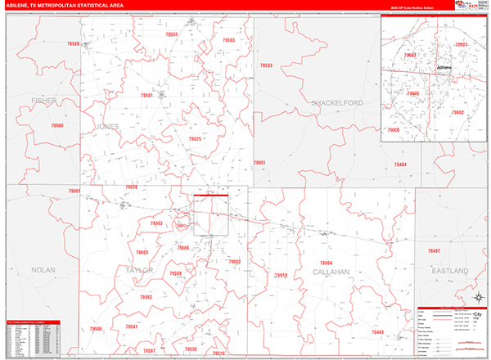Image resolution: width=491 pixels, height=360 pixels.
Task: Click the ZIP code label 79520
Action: [x=74, y=43]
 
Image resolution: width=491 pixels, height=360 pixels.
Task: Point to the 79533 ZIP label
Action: [x=266, y=65]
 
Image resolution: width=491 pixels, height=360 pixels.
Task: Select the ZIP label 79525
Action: [x=195, y=139]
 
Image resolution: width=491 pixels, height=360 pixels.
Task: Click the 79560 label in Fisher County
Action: [x=57, y=125]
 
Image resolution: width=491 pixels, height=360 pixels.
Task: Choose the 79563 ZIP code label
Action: [x=156, y=223]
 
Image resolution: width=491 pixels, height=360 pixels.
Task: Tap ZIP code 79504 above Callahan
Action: [x=326, y=263]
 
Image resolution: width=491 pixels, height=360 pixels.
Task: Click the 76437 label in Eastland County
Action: [x=434, y=250]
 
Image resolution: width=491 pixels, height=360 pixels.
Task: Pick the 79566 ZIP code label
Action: [x=97, y=329]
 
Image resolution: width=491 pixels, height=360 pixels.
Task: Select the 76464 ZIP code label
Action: [x=400, y=164]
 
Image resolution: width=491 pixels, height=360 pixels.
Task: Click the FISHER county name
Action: [x=43, y=101]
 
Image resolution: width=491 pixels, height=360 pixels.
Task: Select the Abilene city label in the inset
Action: [x=444, y=67]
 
